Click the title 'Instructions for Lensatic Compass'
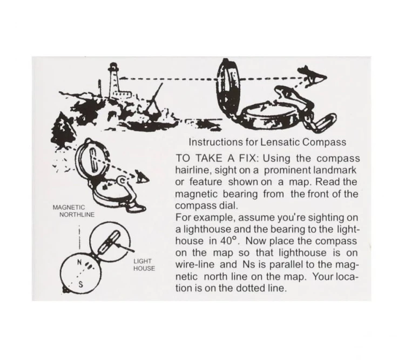click(x=267, y=142)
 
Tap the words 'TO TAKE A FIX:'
click(x=217, y=158)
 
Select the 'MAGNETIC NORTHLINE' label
click(x=73, y=211)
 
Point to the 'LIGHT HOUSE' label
click(x=144, y=265)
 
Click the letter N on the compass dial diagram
click(x=80, y=262)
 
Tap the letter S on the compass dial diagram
click(x=80, y=284)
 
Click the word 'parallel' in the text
click(x=286, y=264)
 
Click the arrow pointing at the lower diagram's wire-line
click(x=125, y=248)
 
